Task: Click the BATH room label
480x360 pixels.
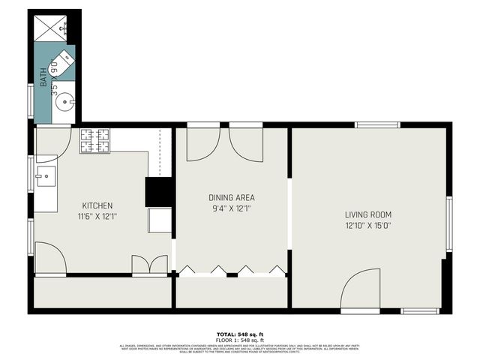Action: pos(43,77)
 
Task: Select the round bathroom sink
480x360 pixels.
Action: pos(64,100)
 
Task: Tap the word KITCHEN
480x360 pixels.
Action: pos(97,205)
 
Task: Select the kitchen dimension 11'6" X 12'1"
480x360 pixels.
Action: pos(97,216)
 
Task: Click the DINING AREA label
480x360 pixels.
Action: pos(231,198)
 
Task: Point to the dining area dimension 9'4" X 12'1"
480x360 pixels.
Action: pos(231,208)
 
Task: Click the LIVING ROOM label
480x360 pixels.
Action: pos(368,214)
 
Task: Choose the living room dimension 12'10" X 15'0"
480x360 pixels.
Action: pos(368,224)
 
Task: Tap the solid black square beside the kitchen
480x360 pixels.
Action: pos(159,191)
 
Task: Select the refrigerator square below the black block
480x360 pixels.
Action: pos(160,220)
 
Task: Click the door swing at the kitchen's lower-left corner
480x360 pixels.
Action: pos(49,259)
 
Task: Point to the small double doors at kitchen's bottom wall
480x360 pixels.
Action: pos(149,265)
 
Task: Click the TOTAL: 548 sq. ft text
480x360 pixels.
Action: pos(239,334)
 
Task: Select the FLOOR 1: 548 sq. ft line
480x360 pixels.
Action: pos(239,339)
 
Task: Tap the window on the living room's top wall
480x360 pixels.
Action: pos(377,125)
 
